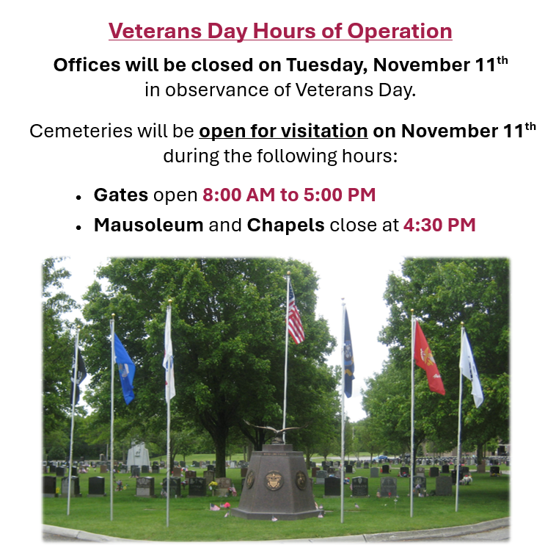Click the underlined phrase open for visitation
(x=283, y=131)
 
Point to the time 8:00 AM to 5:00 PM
(x=289, y=195)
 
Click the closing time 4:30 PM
(x=439, y=225)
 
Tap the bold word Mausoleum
(x=148, y=225)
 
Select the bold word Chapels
(x=285, y=225)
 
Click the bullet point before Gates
(x=78, y=198)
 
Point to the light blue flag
(x=124, y=367)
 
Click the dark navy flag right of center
(x=348, y=351)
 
